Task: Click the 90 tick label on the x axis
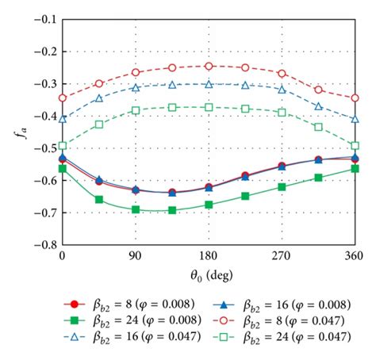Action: (135, 257)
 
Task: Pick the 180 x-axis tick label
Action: (209, 257)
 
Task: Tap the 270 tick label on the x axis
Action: (282, 257)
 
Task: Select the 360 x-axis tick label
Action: (354, 257)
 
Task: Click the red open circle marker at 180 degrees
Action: (209, 66)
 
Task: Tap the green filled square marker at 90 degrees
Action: (136, 209)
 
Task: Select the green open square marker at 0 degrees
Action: (62, 146)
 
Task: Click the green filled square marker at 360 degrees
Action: (355, 169)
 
